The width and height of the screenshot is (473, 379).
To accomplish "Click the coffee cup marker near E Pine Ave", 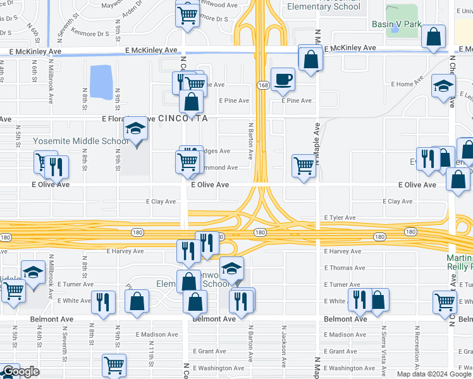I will point(283,80).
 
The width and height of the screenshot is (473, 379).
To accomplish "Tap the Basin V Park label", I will point(396,24).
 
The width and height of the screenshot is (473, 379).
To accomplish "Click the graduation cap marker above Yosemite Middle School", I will point(136,129).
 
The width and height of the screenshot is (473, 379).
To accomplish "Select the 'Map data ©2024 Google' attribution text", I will point(433,374).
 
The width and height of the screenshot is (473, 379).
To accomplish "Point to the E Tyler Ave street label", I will point(340,218).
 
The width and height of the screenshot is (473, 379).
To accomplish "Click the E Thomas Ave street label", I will point(344,268).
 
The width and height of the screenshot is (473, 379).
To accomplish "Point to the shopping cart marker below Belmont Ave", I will point(114,364).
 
